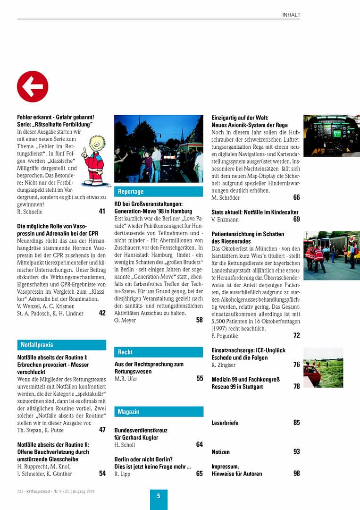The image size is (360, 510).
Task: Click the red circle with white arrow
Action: tap(33, 86)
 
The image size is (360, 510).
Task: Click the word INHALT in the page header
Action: tap(291, 15)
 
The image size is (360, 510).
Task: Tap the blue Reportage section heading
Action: tap(131, 192)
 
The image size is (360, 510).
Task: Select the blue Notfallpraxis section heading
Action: tap(37, 345)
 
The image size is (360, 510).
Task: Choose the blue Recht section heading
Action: tap(125, 352)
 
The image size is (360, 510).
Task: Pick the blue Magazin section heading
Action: tap(128, 412)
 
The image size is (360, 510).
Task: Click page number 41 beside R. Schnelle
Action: tap(102, 212)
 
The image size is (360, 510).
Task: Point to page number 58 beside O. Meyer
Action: tap(199, 320)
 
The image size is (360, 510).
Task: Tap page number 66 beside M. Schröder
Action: tap(296, 198)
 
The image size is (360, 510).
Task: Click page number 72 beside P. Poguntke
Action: tap(296, 336)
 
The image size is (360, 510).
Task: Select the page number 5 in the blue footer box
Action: tap(159, 496)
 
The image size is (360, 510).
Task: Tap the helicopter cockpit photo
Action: tap(331, 136)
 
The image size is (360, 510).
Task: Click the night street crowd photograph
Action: tap(159, 149)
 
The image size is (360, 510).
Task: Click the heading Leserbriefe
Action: tap(225, 423)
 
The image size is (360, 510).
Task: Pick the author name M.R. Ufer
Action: tap(126, 379)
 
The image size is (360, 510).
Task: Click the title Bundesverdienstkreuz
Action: tap(141, 430)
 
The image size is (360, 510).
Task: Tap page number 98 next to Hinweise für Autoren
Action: tap(296, 474)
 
